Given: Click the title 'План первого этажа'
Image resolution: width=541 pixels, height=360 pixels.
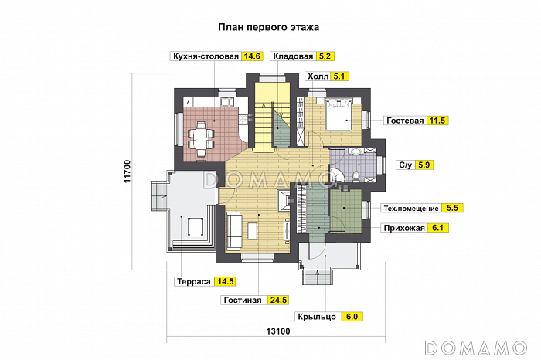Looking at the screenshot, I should click(x=270, y=27).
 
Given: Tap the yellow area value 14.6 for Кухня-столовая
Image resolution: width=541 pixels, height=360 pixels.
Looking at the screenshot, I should click(x=253, y=56).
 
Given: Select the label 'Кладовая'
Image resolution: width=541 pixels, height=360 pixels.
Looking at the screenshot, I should click(x=293, y=56).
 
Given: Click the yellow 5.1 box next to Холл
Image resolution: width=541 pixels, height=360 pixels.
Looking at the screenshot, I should click(x=340, y=76).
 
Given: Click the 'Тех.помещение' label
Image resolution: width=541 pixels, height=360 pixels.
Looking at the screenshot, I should click(x=411, y=209).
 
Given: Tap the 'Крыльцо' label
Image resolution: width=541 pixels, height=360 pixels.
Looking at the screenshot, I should click(x=316, y=317).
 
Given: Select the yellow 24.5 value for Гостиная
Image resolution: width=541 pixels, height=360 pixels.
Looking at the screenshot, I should click(x=277, y=300).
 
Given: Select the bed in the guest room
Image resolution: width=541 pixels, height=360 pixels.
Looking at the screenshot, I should click(x=339, y=114).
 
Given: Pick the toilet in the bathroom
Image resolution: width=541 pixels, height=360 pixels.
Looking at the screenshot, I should click(x=355, y=177).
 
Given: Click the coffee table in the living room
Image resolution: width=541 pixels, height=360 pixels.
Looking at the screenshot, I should click(x=253, y=229).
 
